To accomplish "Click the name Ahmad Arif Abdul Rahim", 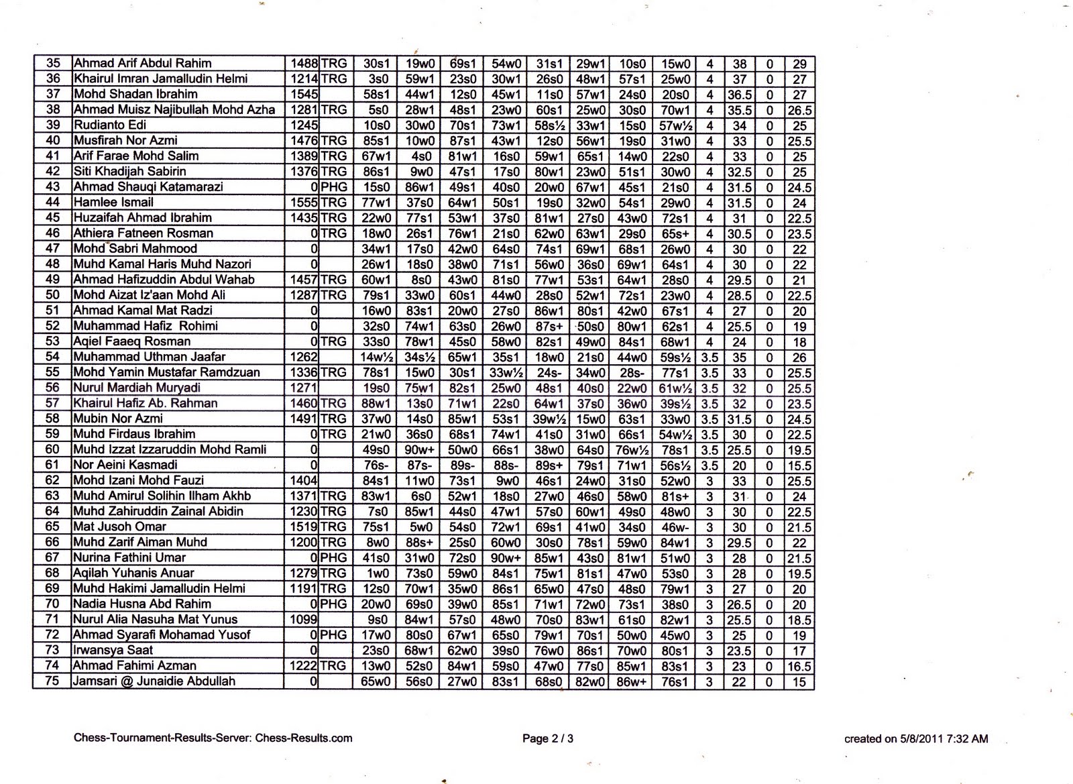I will pyautogui.click(x=142, y=64).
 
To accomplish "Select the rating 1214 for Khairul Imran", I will pyautogui.click(x=304, y=79).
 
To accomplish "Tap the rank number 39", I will pyautogui.click(x=53, y=125).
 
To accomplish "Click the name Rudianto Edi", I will pyautogui.click(x=109, y=125).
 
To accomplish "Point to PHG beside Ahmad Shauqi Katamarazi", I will pyautogui.click(x=334, y=187).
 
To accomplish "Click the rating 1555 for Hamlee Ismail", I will pyautogui.click(x=304, y=203).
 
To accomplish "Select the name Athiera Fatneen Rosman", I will pyautogui.click(x=143, y=233).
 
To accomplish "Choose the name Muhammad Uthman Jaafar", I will pyautogui.click(x=149, y=357).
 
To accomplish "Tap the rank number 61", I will pyautogui.click(x=53, y=465).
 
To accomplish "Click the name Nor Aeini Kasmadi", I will pyautogui.click(x=125, y=465).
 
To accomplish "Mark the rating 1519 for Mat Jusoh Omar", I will pyautogui.click(x=304, y=526).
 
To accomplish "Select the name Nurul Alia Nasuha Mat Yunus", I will pyautogui.click(x=155, y=619).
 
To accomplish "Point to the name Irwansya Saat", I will pyautogui.click(x=113, y=650).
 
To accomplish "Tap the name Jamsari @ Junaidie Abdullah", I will pyautogui.click(x=154, y=681).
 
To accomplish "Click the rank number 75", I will pyautogui.click(x=53, y=681).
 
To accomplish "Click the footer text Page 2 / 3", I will pyautogui.click(x=548, y=739).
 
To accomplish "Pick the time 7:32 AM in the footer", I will pyautogui.click(x=967, y=739).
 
